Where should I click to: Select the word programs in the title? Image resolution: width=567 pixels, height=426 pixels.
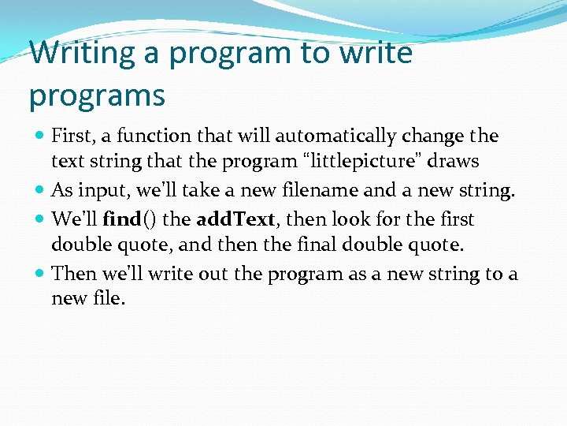[97, 95]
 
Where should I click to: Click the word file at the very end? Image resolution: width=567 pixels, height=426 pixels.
[109, 300]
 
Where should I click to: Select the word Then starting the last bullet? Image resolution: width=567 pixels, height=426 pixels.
[72, 274]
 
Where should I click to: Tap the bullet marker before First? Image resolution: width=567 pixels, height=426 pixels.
[39, 136]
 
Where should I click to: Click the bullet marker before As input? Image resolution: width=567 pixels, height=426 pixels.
[39, 190]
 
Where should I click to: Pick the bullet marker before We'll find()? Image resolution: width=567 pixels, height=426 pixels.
[39, 219]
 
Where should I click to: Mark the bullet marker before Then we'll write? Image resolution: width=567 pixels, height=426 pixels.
[39, 274]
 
